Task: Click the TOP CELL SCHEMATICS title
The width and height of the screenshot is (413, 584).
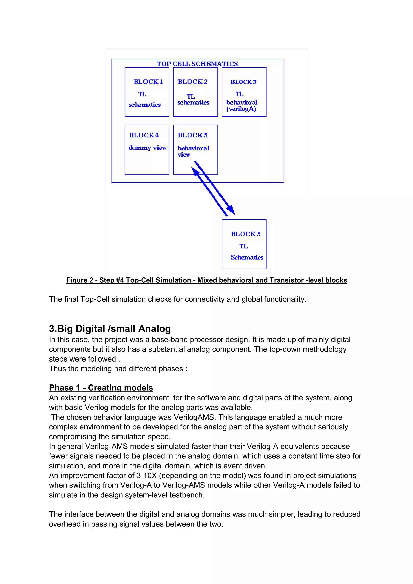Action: coord(197,64)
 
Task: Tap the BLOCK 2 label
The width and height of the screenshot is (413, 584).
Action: coord(193,82)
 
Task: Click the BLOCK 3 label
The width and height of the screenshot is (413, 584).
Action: coord(243,82)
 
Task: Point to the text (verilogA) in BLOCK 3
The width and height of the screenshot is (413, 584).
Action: coord(241,109)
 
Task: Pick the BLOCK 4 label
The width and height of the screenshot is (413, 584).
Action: coord(144,135)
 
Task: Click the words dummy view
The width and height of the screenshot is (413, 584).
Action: coord(148,148)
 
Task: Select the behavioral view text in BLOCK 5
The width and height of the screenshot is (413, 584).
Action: coord(193,151)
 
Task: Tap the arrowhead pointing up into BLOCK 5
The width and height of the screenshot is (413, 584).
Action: coord(195,171)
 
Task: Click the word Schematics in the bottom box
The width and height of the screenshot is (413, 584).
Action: coord(247,257)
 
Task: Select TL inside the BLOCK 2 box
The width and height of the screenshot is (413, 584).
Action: coord(191,96)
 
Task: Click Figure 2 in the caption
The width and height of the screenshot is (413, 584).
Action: coord(79,280)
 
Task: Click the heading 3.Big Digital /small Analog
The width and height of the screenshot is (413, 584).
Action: coord(110,329)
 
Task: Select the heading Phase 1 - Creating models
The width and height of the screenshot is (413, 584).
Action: coord(101,388)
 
